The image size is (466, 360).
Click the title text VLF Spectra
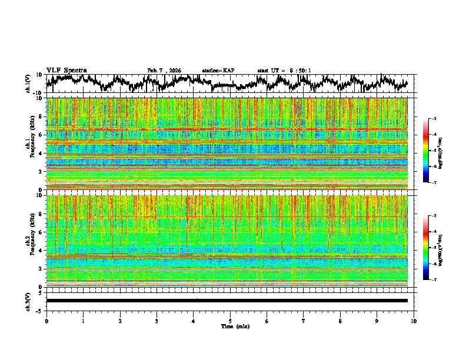click(x=66, y=70)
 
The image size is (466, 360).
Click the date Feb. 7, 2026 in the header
click(x=164, y=71)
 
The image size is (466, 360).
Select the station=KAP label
click(x=218, y=71)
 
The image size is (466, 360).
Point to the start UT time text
click(x=284, y=71)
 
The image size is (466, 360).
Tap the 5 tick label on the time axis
click(x=230, y=321)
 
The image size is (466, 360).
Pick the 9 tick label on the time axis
click(x=377, y=321)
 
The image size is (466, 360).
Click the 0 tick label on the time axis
click(x=46, y=321)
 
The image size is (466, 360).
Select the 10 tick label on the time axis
click(x=414, y=321)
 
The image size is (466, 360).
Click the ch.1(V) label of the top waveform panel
click(x=29, y=84)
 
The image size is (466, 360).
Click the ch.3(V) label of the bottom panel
click(x=29, y=300)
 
